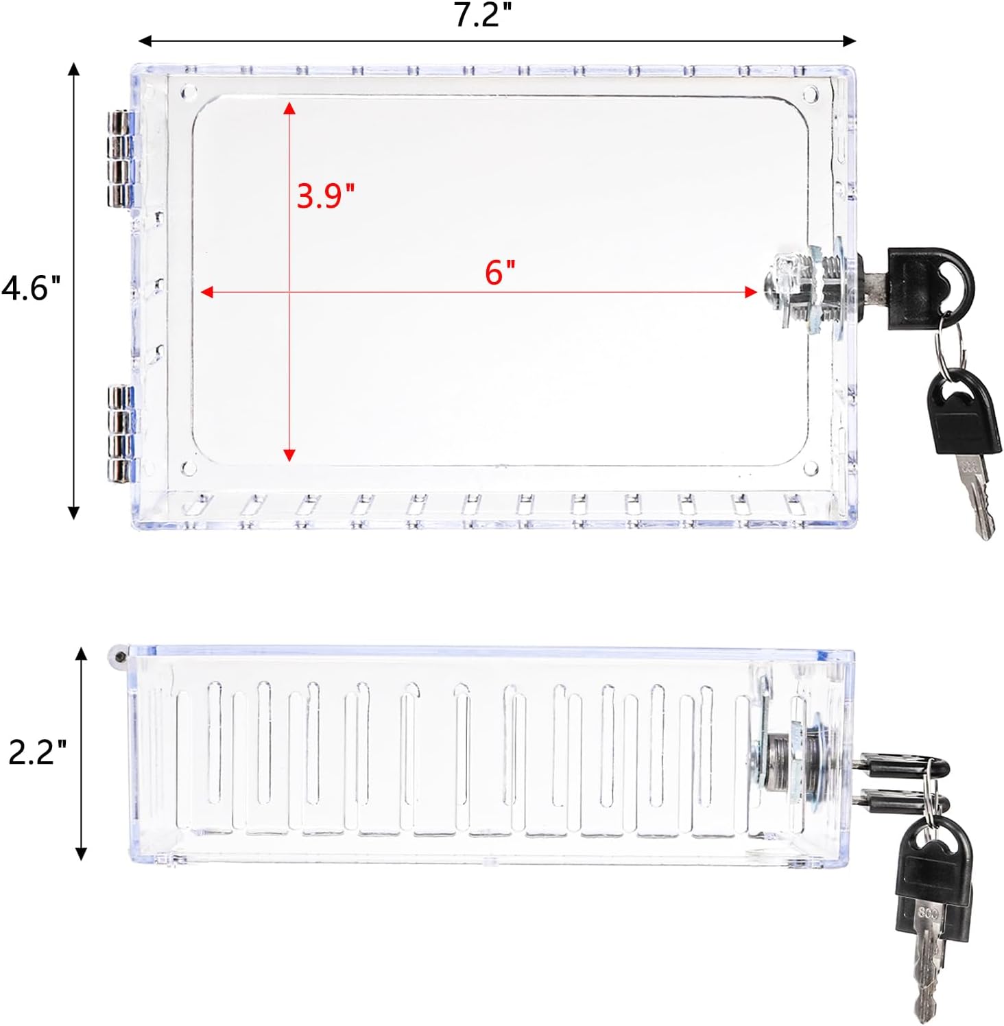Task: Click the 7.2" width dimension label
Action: [483, 14]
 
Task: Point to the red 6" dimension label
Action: [500, 272]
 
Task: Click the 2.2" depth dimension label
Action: [38, 752]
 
